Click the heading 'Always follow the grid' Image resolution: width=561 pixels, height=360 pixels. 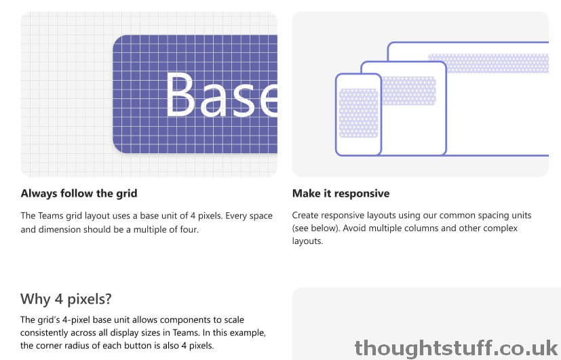[79, 193]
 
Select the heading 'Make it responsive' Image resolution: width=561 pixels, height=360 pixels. [341, 193]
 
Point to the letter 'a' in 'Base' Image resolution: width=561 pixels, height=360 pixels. [214, 100]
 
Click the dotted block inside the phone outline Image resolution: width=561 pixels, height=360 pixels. [358, 113]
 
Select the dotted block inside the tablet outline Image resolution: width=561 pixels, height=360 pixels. [409, 91]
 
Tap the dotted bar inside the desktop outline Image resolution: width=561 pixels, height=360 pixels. [488, 63]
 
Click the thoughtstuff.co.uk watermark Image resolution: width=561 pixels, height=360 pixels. [456, 348]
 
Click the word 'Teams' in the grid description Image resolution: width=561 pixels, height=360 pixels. [51, 216]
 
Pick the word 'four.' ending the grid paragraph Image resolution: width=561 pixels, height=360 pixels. [189, 229]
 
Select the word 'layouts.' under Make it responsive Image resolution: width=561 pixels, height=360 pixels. [308, 241]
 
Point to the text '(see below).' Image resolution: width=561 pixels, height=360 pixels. [316, 228]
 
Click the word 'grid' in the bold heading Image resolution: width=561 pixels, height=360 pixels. [127, 194]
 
